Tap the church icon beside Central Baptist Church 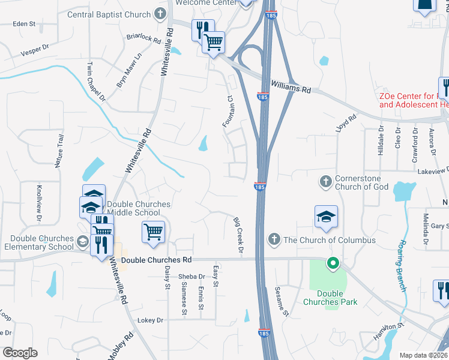click(x=160, y=13)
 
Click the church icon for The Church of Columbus click(x=274, y=240)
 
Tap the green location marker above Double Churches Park click(x=331, y=263)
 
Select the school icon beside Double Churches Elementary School click(x=82, y=242)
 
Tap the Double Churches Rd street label click(x=156, y=260)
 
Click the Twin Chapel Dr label click(x=97, y=80)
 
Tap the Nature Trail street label click(x=59, y=151)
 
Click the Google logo click(x=20, y=353)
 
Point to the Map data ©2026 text click(x=423, y=355)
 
